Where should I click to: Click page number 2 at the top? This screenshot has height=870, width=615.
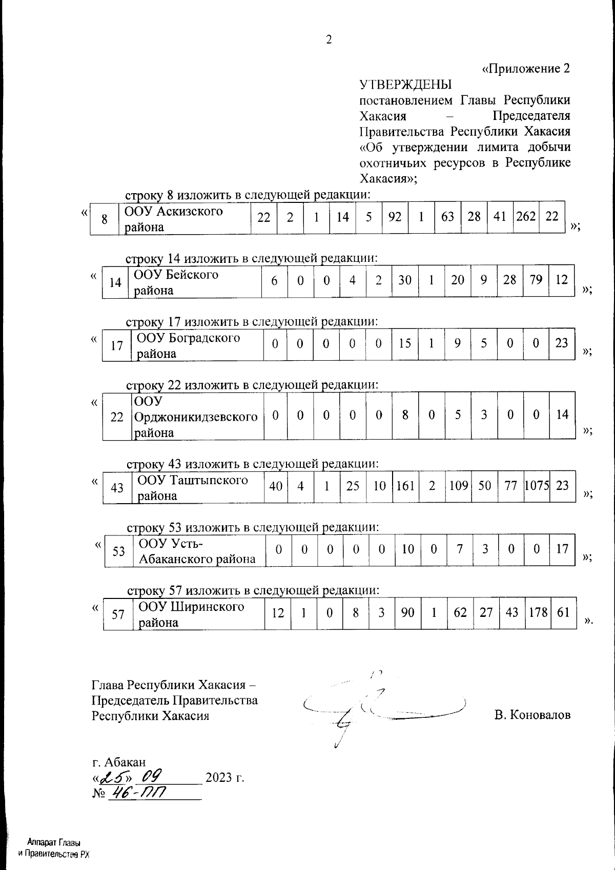point(329,40)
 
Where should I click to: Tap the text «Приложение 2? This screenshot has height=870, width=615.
point(526,69)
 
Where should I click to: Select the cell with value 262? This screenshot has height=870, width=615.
point(526,217)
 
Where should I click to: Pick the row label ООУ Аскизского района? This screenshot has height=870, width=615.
point(174,219)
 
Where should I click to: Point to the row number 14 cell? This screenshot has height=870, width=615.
point(116,282)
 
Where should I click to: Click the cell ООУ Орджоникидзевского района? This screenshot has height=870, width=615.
point(196,417)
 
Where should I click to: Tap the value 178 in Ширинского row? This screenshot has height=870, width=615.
point(538,612)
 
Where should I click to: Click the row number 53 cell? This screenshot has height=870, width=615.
point(119,551)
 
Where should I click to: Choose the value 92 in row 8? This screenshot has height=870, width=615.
point(395,217)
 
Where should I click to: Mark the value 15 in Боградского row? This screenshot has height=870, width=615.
point(405,343)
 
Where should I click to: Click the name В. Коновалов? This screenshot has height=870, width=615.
point(532,715)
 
